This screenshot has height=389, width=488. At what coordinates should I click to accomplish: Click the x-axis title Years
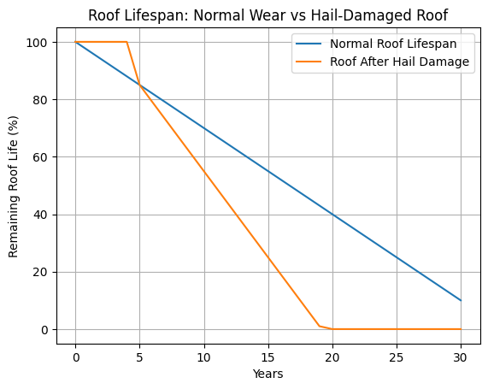pyautogui.click(x=268, y=374)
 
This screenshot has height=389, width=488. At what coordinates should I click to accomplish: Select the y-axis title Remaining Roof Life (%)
pyautogui.click(x=13, y=185)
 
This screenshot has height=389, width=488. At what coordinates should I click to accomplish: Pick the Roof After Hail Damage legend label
pyautogui.click(x=400, y=62)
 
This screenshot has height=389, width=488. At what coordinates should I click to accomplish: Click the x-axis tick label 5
pyautogui.click(x=140, y=354)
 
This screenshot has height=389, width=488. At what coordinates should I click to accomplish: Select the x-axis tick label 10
pyautogui.click(x=204, y=354)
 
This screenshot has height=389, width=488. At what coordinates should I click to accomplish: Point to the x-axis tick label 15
pyautogui.click(x=268, y=354)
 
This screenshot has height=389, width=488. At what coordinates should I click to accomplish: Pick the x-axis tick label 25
pyautogui.click(x=397, y=354)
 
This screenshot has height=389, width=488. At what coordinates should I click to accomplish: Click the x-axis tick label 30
pyautogui.click(x=461, y=354)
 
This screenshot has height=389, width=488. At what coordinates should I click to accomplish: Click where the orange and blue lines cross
pyautogui.click(x=140, y=85)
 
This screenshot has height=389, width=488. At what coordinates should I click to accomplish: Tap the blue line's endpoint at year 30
pyautogui.click(x=461, y=300)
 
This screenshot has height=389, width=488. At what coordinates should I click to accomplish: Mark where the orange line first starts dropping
pyautogui.click(x=127, y=42)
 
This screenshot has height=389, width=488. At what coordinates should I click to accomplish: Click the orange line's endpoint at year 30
pyautogui.click(x=461, y=329)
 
